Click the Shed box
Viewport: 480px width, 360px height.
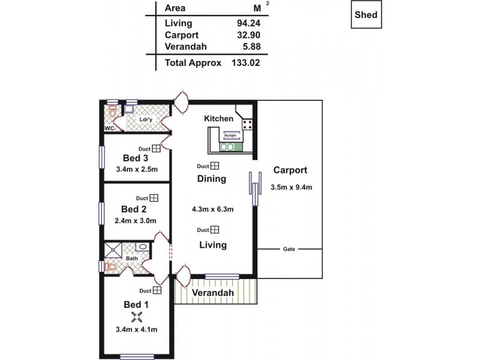click(x=365, y=15)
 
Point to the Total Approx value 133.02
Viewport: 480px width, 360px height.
click(x=245, y=62)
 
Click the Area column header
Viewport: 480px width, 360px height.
click(x=175, y=8)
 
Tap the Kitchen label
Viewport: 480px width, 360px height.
click(x=218, y=119)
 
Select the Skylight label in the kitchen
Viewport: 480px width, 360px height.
click(x=230, y=136)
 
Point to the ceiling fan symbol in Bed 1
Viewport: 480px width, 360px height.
click(x=137, y=318)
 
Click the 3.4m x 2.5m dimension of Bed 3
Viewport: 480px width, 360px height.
click(x=136, y=169)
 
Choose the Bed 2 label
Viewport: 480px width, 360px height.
click(x=134, y=209)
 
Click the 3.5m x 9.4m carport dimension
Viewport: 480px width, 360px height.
click(x=292, y=187)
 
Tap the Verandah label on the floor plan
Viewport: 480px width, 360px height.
click(x=213, y=293)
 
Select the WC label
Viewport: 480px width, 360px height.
click(x=109, y=128)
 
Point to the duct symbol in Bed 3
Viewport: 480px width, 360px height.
click(x=155, y=148)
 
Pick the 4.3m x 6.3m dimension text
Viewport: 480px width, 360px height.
click(x=212, y=209)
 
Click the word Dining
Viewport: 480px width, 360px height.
click(x=212, y=179)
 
